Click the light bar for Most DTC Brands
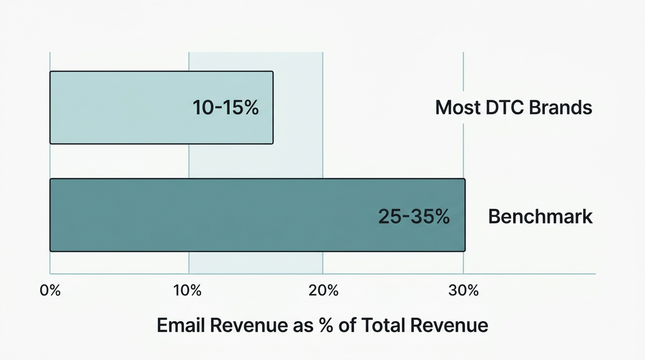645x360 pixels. [x=121, y=107]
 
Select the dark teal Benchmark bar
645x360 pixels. [x=202, y=215]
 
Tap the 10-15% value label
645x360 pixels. [x=225, y=107]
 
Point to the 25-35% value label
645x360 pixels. [x=413, y=217]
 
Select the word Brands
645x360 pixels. [x=563, y=107]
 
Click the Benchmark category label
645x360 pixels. [x=540, y=217]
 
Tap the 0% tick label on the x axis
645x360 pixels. [x=50, y=291]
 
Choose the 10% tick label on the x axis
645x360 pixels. [x=187, y=291]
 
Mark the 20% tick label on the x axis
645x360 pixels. [x=323, y=291]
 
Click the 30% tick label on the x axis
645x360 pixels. [x=464, y=291]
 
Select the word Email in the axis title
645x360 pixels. [x=182, y=326]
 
